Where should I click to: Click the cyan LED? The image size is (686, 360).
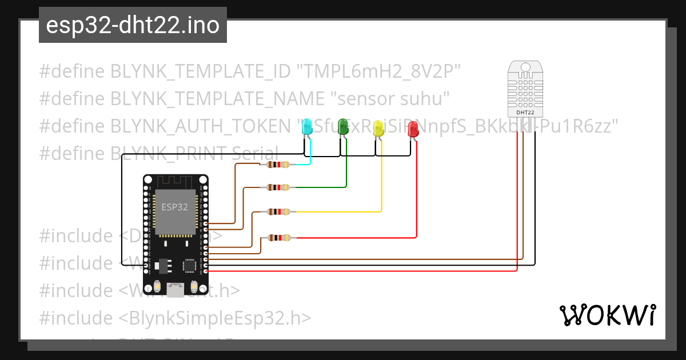click(x=307, y=126)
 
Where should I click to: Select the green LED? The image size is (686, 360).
click(x=344, y=126)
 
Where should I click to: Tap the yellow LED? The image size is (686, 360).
click(x=378, y=128)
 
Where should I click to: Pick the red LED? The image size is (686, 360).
click(x=413, y=129)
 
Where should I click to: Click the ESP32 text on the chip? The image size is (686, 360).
click(x=174, y=207)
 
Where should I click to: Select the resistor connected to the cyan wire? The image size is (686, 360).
click(x=278, y=165)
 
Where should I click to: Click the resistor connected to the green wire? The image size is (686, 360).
click(x=278, y=187)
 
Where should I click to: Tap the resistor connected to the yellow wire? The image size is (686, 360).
click(x=278, y=212)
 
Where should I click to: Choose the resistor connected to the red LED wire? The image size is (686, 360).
click(x=278, y=237)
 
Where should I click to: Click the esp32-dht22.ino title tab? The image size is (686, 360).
click(x=133, y=26)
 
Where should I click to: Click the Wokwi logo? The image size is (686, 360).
click(x=607, y=315)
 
